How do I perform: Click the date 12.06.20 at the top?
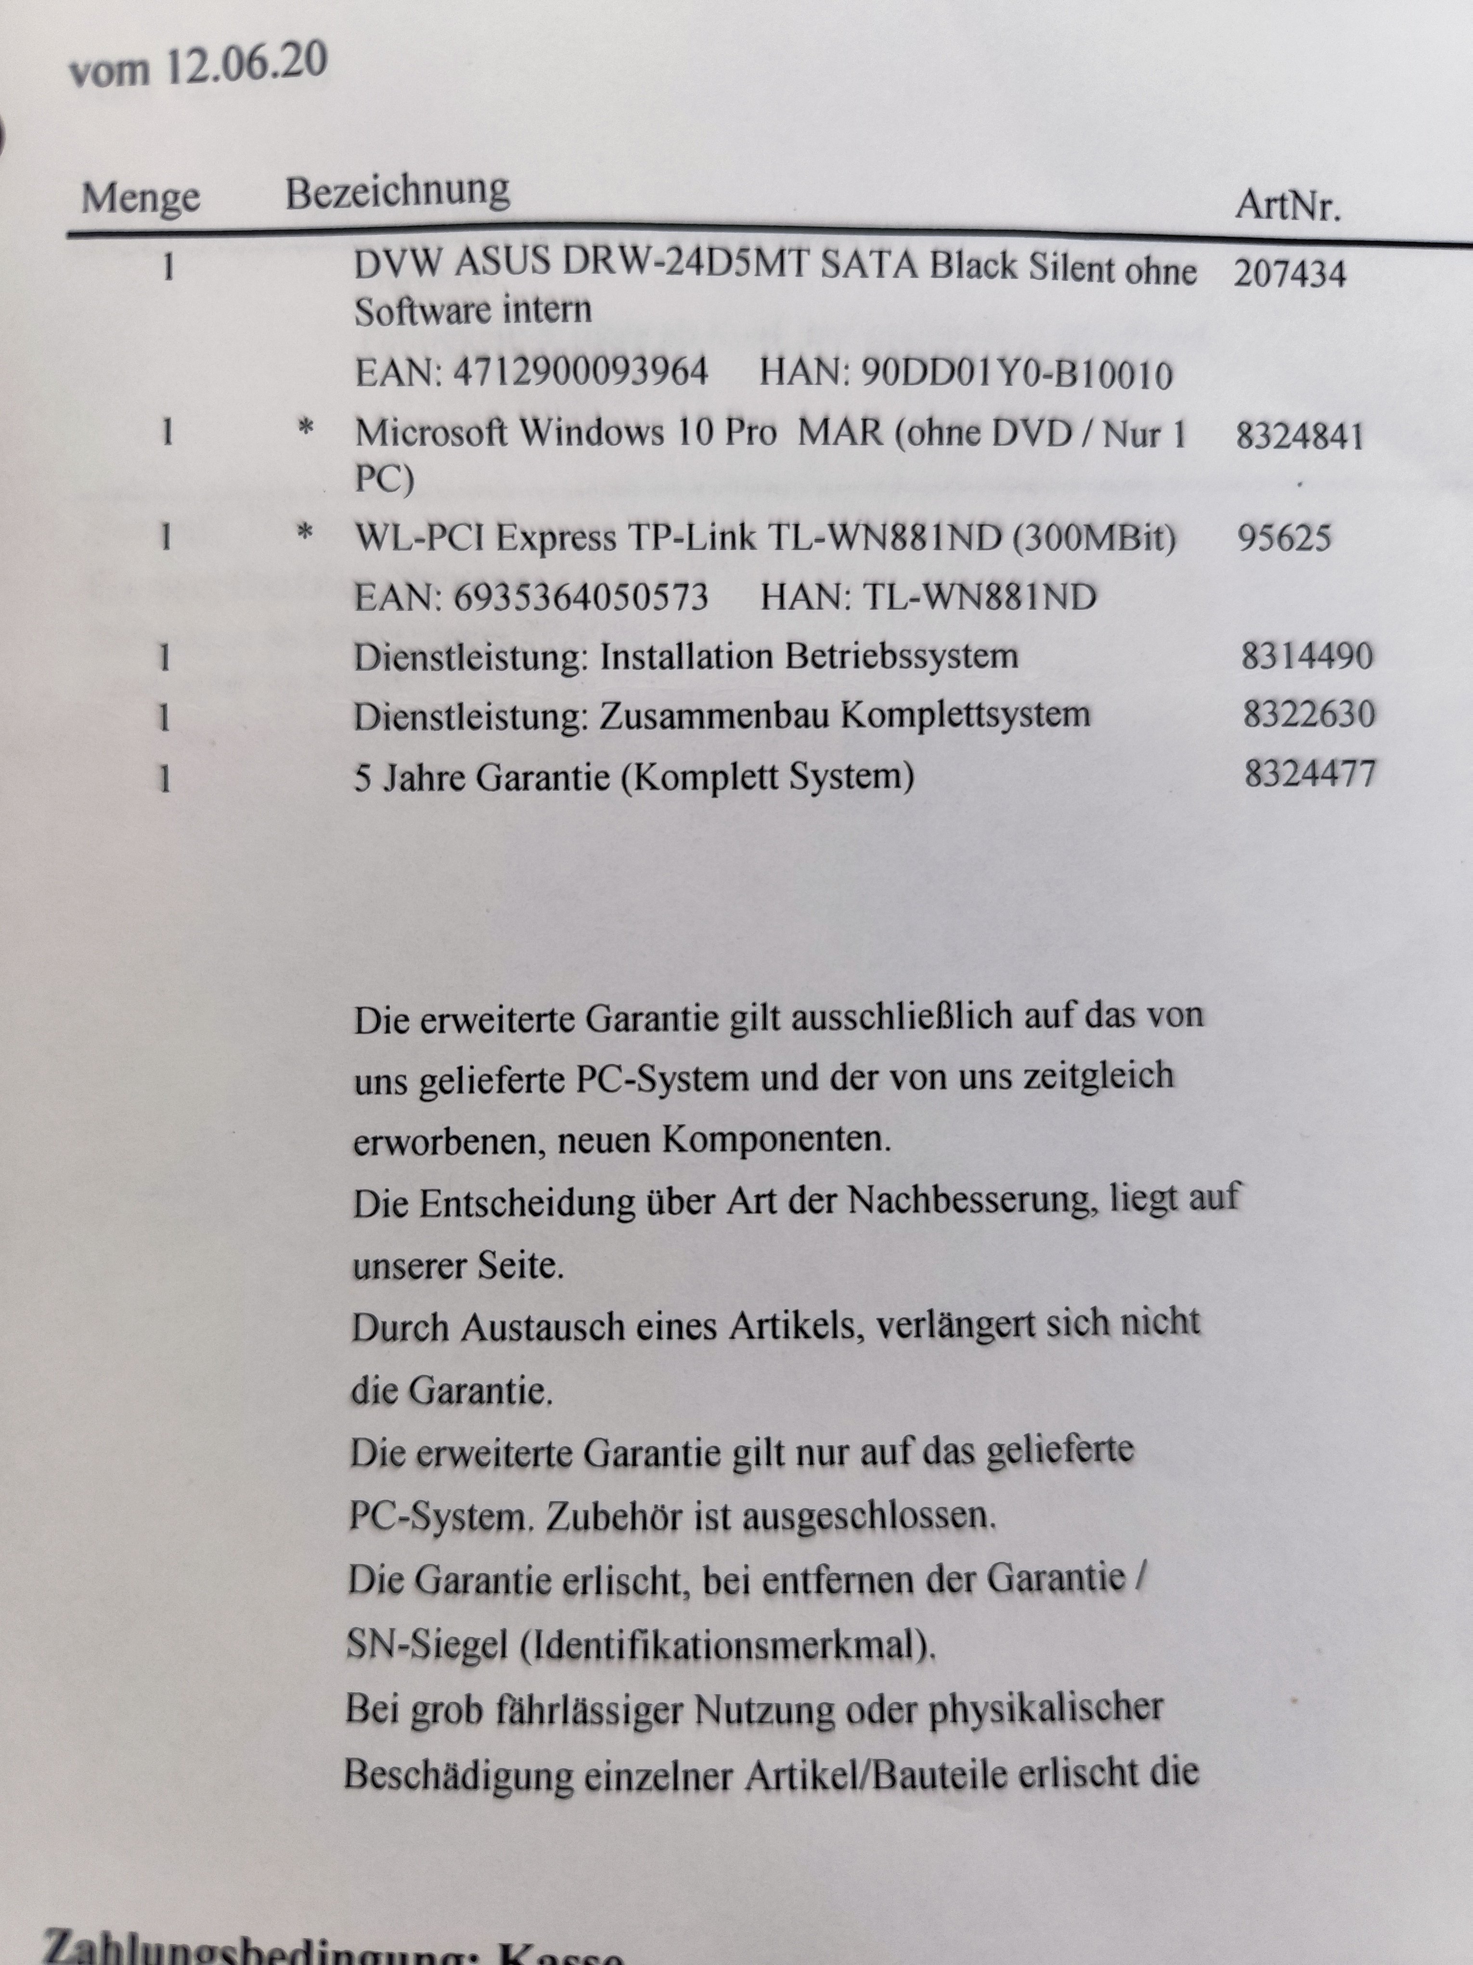click(x=246, y=64)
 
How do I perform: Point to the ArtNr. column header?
click(x=1288, y=206)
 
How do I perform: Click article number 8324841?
click(x=1299, y=437)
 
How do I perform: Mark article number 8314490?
click(x=1307, y=656)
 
